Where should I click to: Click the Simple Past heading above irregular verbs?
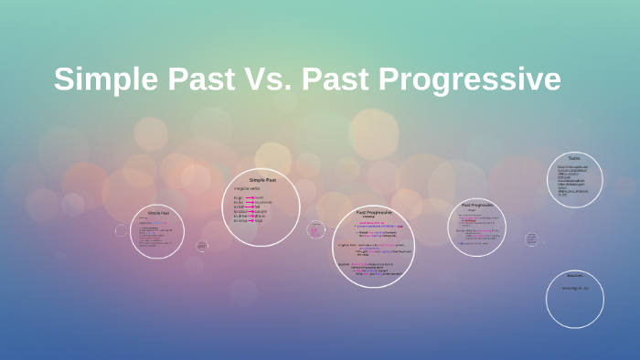point(262,180)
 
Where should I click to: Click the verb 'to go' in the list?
point(239,197)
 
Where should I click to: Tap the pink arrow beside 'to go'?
point(249,197)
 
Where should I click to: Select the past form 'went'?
point(259,197)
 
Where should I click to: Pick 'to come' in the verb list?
point(240,220)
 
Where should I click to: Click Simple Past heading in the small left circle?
point(158,213)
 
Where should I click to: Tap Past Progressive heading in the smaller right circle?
point(477,206)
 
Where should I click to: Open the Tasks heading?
point(573,158)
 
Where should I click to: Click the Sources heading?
point(574,275)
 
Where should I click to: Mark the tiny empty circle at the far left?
point(121,230)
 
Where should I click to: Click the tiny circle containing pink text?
point(316,229)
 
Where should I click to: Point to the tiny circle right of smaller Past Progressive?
point(531,239)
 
